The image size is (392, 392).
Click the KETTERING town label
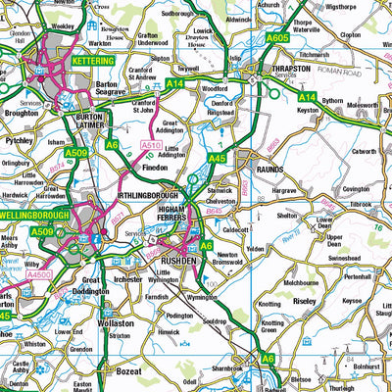click(92, 61)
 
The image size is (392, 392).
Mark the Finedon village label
click(155, 170)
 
